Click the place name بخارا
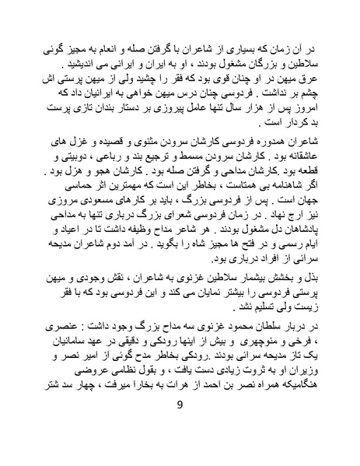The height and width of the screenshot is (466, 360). point(138,400)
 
